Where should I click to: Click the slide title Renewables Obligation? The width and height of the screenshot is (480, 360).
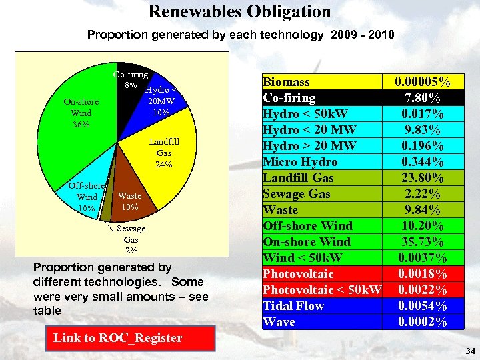pyautogui.click(x=239, y=11)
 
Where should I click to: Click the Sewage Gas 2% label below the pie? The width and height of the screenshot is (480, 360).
pyautogui.click(x=131, y=239)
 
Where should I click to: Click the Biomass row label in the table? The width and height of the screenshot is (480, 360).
pyautogui.click(x=287, y=82)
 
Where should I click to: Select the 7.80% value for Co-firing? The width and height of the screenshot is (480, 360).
pyautogui.click(x=422, y=98)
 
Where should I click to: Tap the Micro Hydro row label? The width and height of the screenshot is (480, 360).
pyautogui.click(x=300, y=162)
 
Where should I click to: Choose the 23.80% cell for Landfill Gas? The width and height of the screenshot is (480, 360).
pyautogui.click(x=422, y=178)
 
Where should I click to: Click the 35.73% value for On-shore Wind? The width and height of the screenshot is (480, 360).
pyautogui.click(x=422, y=242)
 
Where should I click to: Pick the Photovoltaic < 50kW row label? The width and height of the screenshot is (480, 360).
pyautogui.click(x=322, y=290)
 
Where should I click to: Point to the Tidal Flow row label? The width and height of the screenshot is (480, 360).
pyautogui.click(x=293, y=306)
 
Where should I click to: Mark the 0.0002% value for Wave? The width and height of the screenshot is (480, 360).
pyautogui.click(x=422, y=322)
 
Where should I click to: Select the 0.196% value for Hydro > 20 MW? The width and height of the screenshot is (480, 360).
pyautogui.click(x=422, y=146)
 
